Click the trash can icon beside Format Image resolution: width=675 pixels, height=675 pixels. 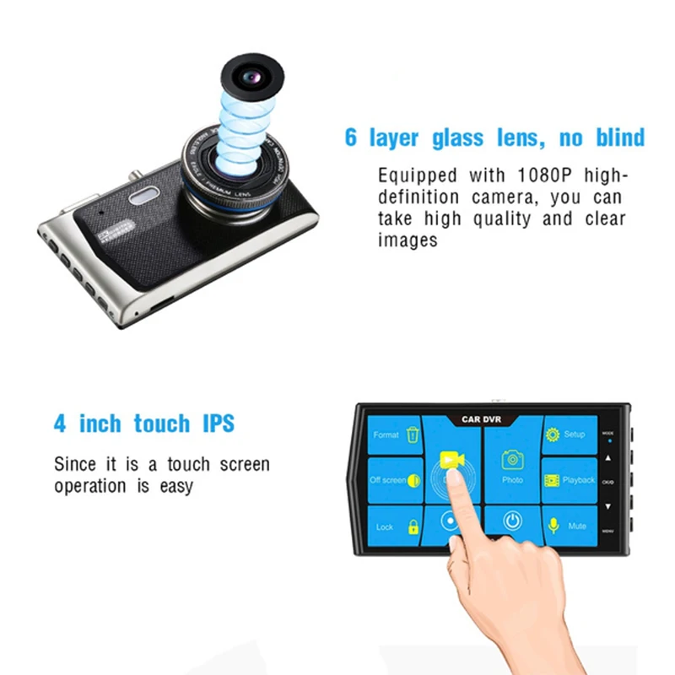click(413, 435)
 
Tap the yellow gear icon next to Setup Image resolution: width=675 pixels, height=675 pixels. click(553, 435)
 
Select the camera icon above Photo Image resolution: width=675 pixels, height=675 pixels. click(512, 460)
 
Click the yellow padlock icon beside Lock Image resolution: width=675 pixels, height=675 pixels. click(413, 526)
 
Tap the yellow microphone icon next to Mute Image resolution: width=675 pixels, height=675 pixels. click(554, 525)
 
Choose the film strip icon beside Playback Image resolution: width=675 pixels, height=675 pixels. click(552, 480)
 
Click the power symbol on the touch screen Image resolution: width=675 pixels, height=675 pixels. click(512, 521)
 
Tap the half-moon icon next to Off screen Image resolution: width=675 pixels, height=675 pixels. click(413, 480)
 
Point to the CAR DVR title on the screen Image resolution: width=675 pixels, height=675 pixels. click(482, 418)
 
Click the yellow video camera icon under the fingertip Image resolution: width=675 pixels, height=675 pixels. click(450, 460)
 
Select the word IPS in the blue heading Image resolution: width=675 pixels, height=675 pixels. click(217, 423)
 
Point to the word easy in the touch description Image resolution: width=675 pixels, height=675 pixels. click(175, 486)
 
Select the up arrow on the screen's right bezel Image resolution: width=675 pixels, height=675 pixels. click(607, 458)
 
